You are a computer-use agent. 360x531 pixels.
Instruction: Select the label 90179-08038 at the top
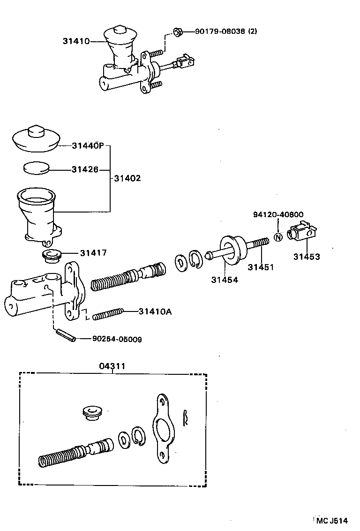pos(226,31)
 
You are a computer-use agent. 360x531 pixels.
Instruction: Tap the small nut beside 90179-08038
pos(178,32)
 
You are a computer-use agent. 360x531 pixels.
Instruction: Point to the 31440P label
pos(88,145)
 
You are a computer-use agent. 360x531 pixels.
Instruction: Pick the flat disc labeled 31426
pos(36,168)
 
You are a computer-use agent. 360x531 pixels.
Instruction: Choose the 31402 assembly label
pos(127,179)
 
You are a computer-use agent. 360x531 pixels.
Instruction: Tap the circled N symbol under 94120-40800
pos(277,236)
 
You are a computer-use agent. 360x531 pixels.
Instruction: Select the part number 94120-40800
pos(278,215)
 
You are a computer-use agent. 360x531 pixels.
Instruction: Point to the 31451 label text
pos(261,267)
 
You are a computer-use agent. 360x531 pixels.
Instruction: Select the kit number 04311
pos(112,366)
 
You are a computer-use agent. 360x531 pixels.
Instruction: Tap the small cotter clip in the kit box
pos(187,417)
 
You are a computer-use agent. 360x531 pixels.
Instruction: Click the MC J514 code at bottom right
pos(331,521)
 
